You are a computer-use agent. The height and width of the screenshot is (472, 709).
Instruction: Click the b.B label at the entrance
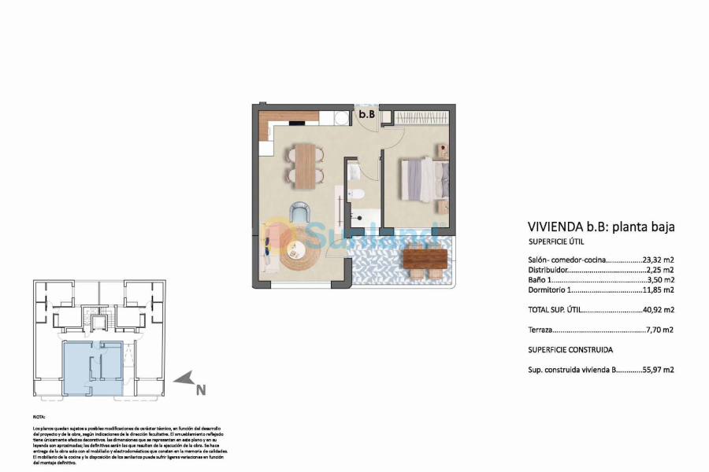tap(366, 115)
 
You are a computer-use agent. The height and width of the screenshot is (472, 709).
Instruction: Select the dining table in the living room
tap(304, 165)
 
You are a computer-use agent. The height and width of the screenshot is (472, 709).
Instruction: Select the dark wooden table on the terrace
tap(425, 257)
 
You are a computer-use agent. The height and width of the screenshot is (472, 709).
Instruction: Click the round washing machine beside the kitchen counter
tap(340, 118)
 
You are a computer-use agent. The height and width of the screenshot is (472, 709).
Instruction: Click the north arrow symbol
tap(185, 381)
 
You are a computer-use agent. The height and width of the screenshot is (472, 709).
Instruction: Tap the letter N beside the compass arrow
tap(201, 389)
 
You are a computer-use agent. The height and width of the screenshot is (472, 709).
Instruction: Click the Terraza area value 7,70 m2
tap(661, 330)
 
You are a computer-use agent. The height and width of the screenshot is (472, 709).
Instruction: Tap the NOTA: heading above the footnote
tap(39, 416)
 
